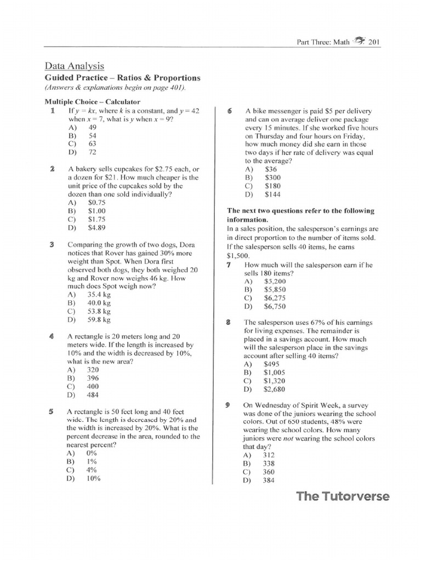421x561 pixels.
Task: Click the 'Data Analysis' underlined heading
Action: [74, 66]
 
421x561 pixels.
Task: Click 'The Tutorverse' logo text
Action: [343, 496]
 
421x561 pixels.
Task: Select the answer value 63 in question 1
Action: [92, 144]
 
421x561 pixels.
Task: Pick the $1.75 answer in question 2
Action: [96, 219]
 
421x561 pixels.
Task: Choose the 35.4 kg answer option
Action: [99, 294]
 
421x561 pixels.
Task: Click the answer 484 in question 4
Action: [93, 394]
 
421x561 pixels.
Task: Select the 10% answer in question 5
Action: [93, 478]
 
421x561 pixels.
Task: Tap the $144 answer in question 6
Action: [272, 194]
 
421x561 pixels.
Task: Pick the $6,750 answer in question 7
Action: [275, 306]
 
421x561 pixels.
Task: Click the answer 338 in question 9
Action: [269, 463]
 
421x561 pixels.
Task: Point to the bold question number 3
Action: [52, 244]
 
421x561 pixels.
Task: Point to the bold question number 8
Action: [227, 323]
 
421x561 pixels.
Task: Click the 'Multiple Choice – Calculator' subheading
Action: [92, 101]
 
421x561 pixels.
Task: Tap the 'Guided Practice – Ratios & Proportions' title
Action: [122, 78]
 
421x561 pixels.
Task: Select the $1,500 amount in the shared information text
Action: [237, 256]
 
